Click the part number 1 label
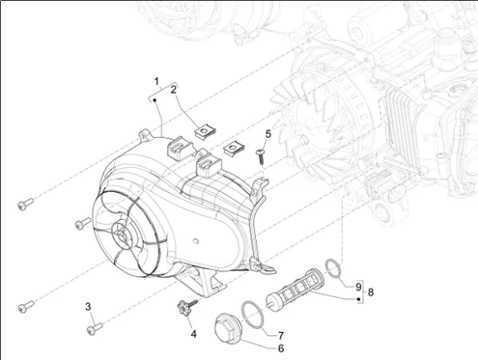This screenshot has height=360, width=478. click(x=156, y=81)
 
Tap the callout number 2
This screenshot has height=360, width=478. click(x=174, y=90)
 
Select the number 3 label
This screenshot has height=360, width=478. click(x=88, y=307)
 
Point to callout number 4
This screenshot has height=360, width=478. click(x=193, y=334)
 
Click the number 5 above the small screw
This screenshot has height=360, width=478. click(x=268, y=134)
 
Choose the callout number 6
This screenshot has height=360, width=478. click(x=281, y=348)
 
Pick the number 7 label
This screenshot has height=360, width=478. click(x=281, y=336)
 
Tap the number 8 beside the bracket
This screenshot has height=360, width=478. click(x=371, y=292)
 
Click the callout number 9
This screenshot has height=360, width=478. click(x=358, y=287)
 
